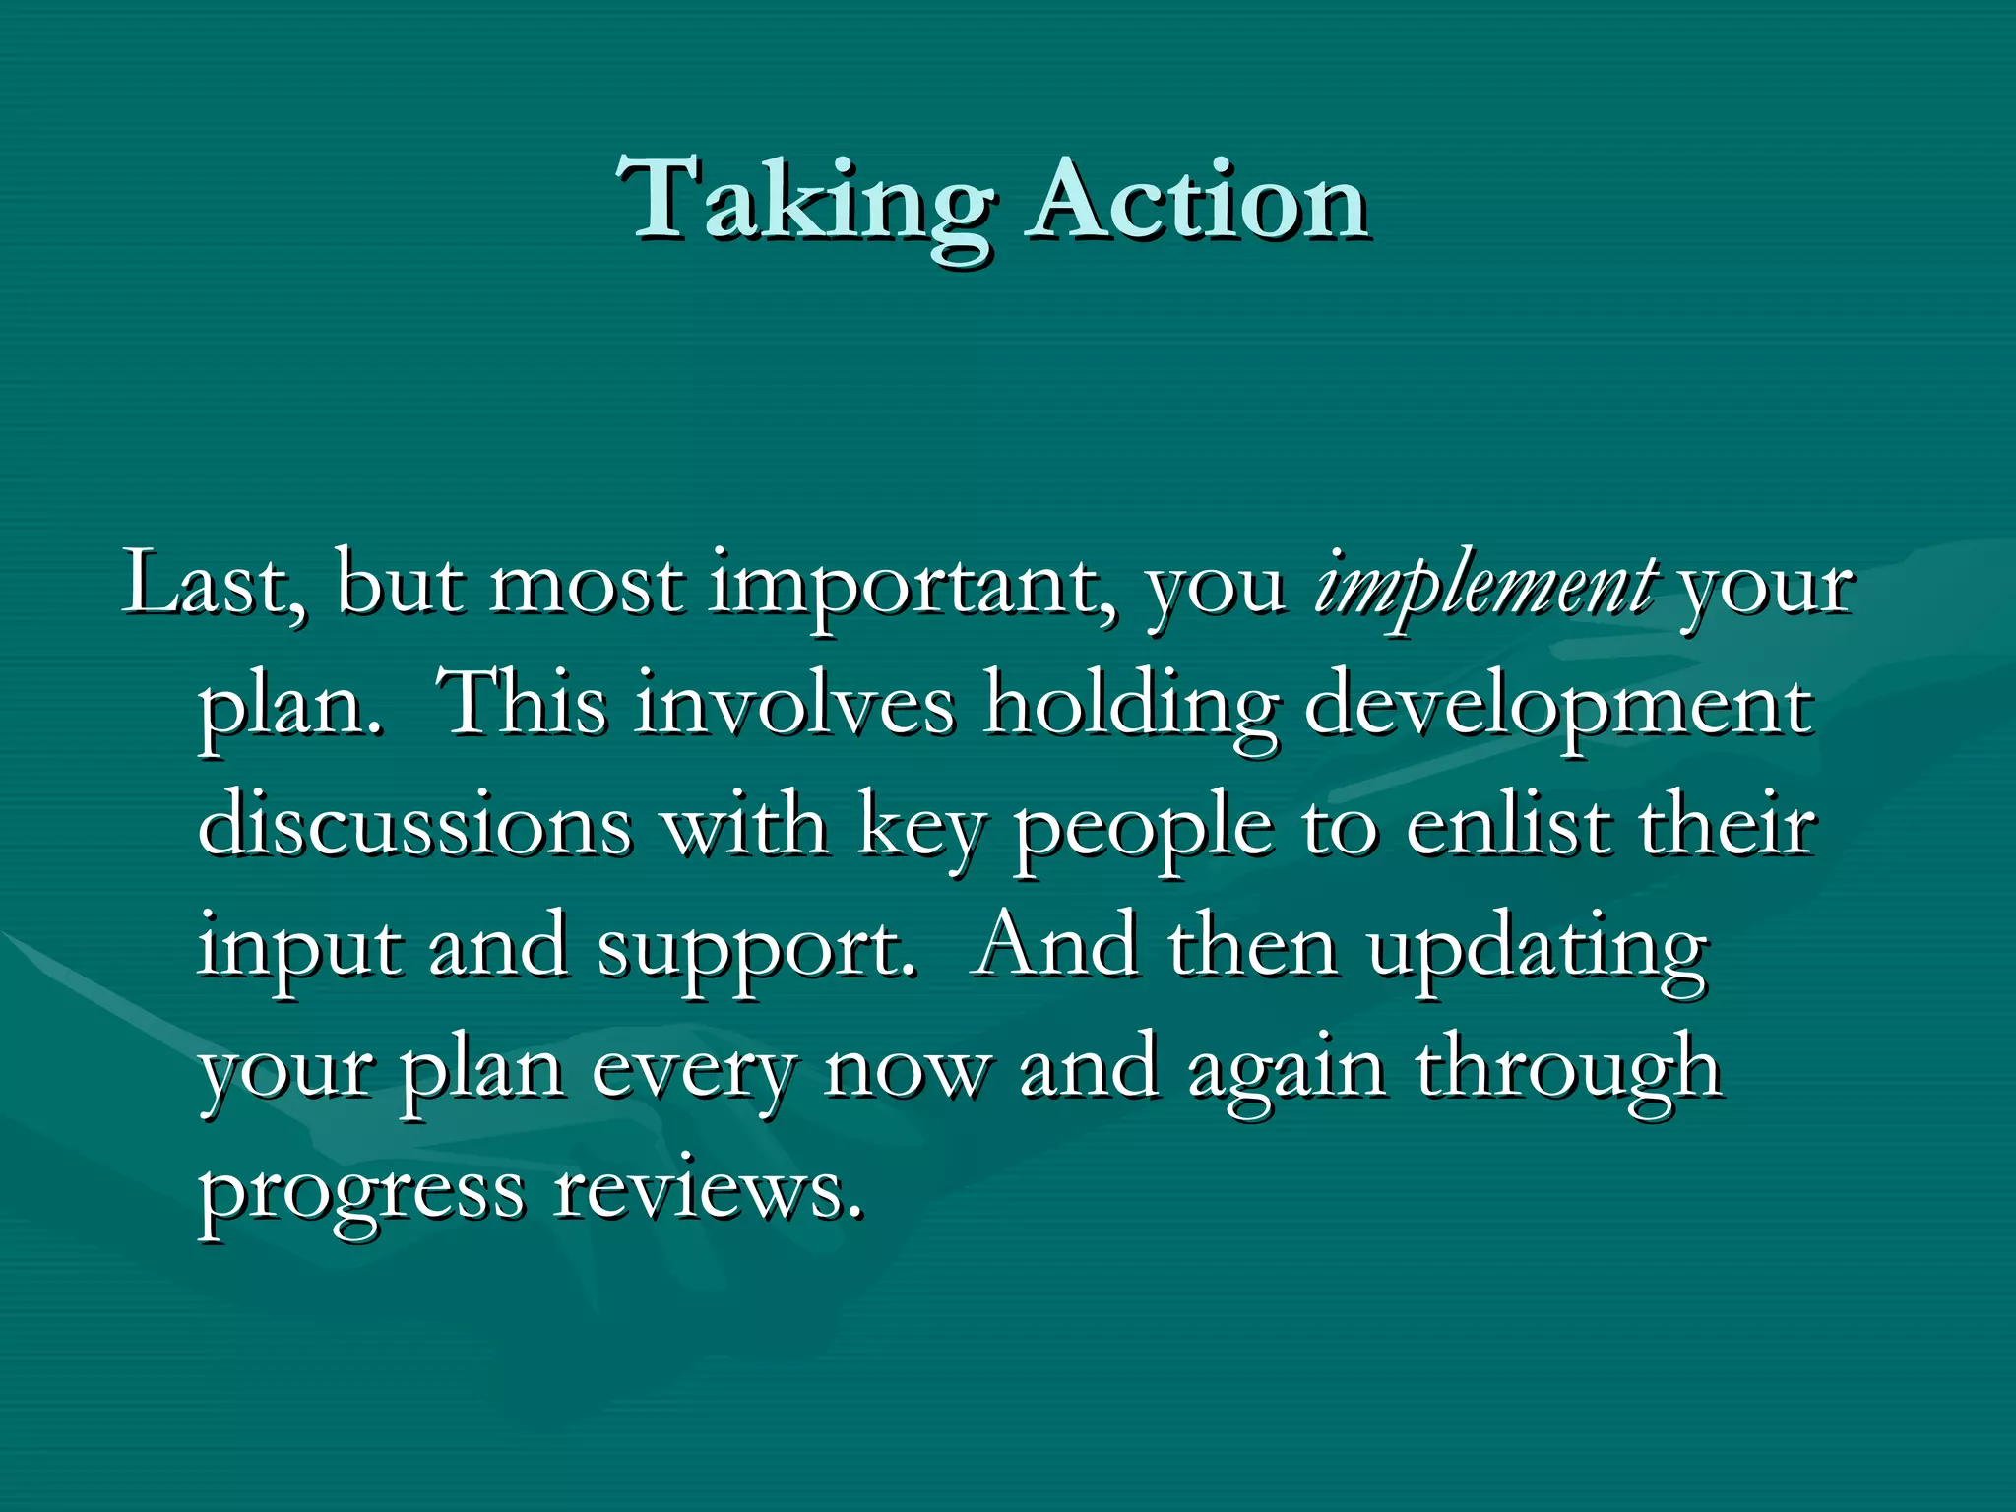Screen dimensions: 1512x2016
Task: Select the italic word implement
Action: coord(1484,587)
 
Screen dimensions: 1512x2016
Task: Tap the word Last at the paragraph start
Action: coord(212,585)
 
